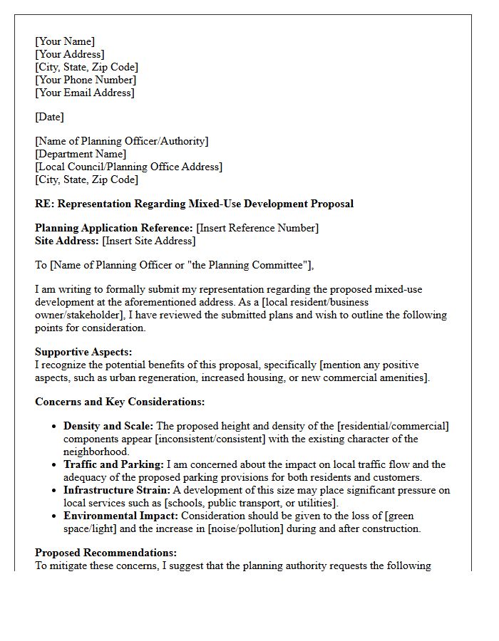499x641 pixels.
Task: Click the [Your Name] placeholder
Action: (65, 41)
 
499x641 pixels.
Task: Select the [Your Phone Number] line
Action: (86, 80)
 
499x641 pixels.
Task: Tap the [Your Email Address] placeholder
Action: (85, 93)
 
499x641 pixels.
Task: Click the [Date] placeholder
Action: (49, 117)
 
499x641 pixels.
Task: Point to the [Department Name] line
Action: (81, 154)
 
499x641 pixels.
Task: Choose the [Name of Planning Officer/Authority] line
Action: (122, 141)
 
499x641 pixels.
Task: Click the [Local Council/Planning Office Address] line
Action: (129, 167)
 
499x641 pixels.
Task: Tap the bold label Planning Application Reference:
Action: (114, 228)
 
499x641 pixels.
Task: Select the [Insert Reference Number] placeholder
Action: (257, 228)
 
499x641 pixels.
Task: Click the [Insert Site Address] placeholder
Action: (149, 241)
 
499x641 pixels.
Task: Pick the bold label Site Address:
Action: (67, 241)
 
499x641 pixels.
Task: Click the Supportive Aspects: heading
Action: (83, 352)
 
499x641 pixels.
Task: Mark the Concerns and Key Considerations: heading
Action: (120, 402)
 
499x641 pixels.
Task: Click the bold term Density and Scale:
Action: (108, 426)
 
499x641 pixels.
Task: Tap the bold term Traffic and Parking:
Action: (113, 464)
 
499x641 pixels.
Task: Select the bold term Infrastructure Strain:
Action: (117, 490)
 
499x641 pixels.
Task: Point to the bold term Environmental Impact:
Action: (120, 516)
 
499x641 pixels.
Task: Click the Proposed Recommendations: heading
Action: (106, 553)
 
